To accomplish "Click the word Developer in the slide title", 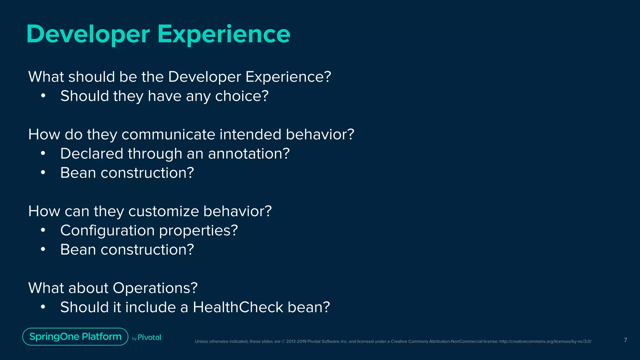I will [88, 34].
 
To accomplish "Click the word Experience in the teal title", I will [224, 34].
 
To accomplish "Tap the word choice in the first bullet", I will [242, 96].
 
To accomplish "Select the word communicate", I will [168, 135].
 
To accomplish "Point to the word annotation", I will [249, 154].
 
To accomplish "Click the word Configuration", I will [107, 231].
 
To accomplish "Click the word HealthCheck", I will [238, 307].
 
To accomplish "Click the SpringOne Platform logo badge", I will [75, 337].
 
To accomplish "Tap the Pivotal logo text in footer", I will [149, 337].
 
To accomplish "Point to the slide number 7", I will [625, 340].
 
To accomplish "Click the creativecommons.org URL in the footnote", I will [545, 342].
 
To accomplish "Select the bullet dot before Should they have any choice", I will [43, 96].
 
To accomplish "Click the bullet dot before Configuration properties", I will [43, 231].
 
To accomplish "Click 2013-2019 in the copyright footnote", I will [296, 342].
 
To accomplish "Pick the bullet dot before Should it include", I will [43, 307].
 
